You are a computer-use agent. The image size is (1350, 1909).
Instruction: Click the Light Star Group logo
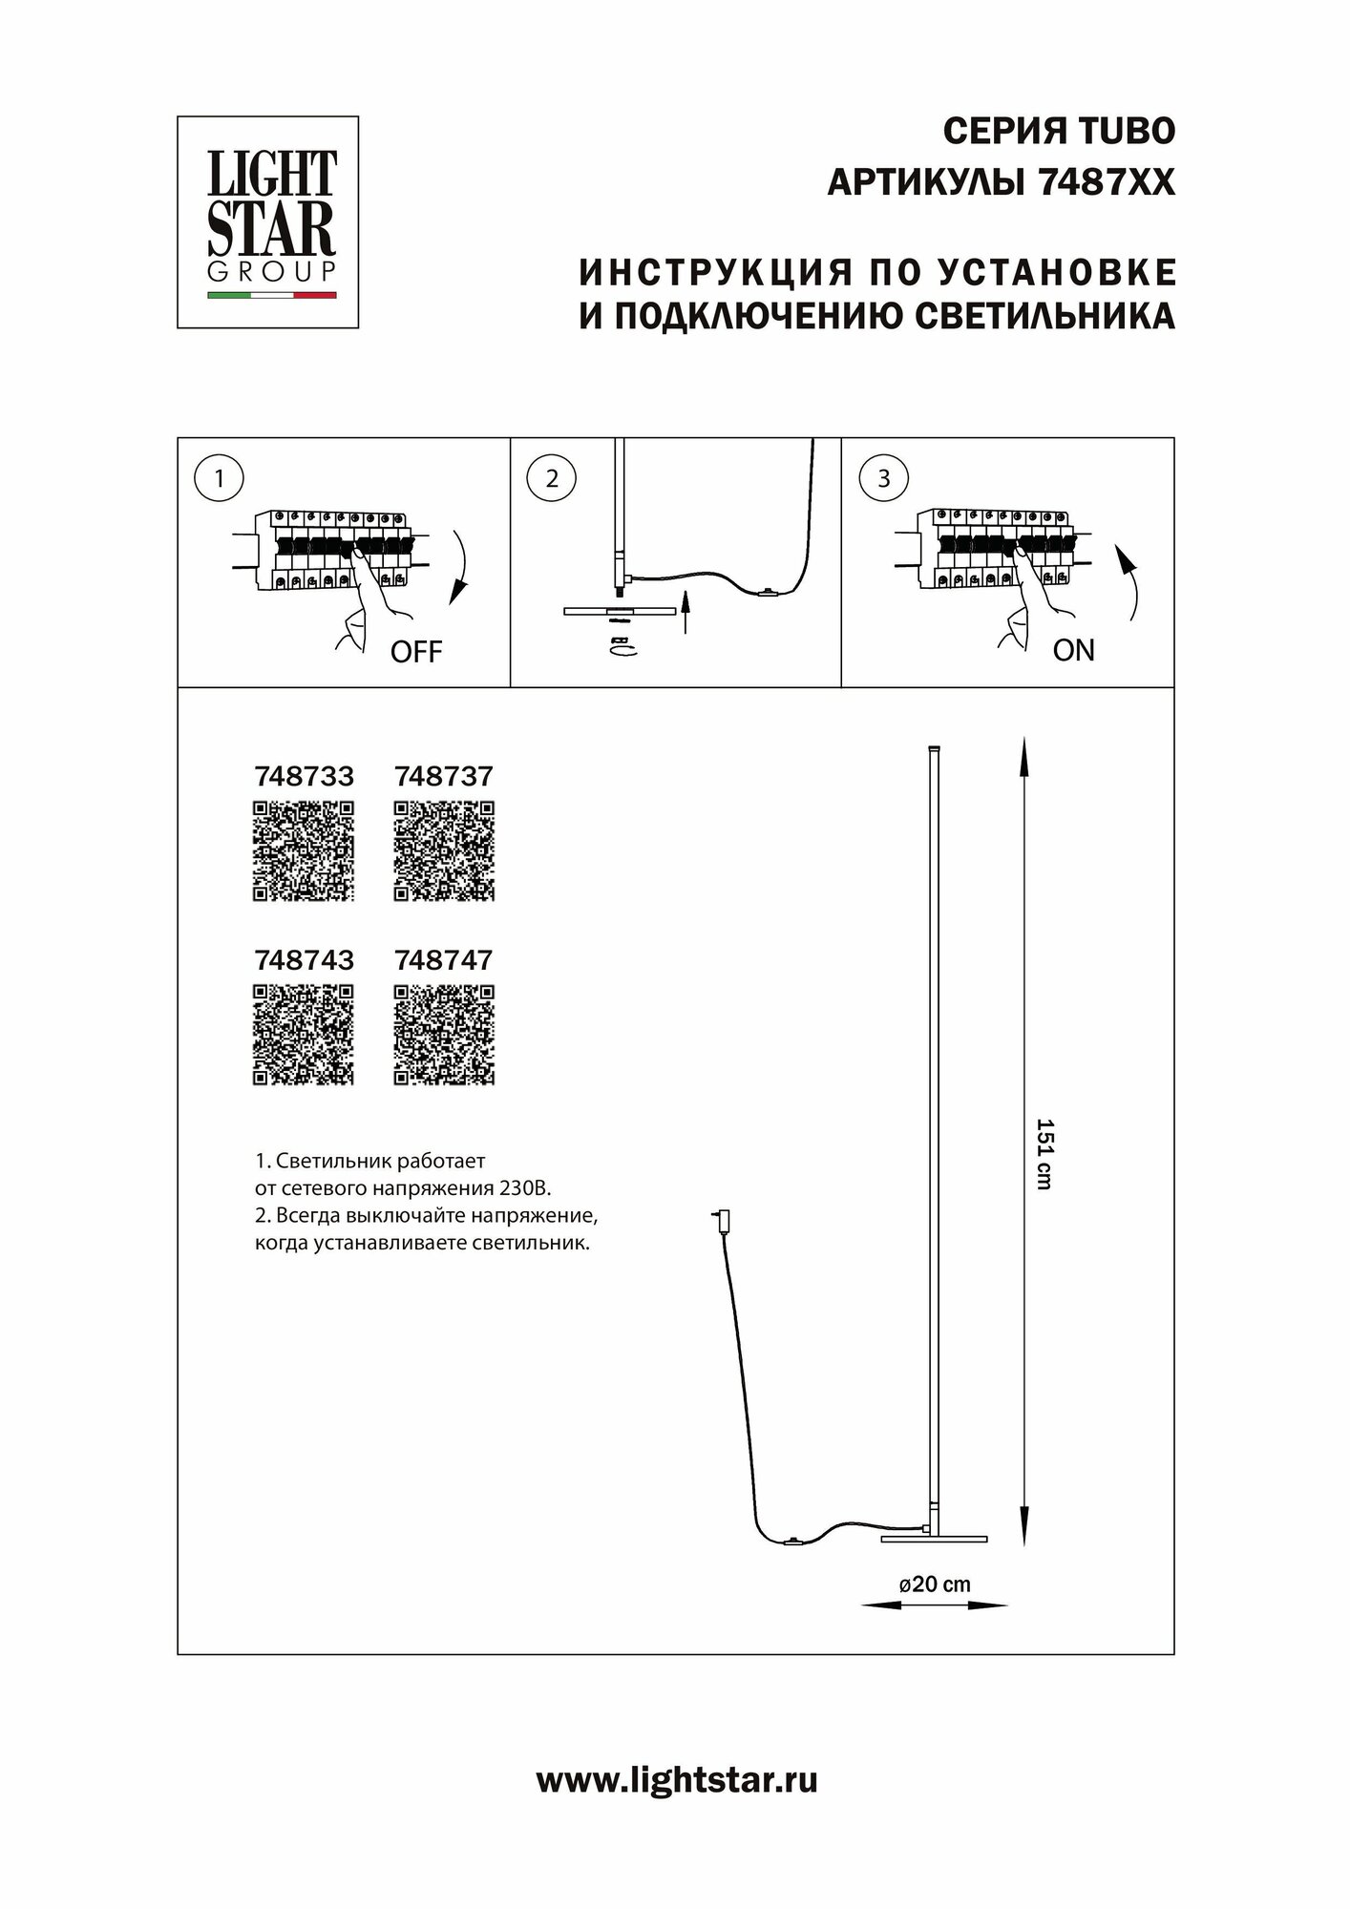(x=268, y=222)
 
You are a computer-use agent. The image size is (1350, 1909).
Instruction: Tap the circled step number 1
(x=220, y=478)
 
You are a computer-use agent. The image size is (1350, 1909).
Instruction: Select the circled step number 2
(x=552, y=478)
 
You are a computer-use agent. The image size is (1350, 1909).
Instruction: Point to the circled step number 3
(x=883, y=478)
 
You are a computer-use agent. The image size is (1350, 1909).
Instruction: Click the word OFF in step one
(x=416, y=653)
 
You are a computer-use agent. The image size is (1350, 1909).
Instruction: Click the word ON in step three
(x=1073, y=651)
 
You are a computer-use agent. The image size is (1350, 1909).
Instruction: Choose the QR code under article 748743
(x=304, y=1036)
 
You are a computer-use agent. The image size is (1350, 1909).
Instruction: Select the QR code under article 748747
(x=444, y=1036)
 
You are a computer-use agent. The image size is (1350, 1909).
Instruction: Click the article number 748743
(x=304, y=960)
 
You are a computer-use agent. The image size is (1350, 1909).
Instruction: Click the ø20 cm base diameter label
(x=935, y=1584)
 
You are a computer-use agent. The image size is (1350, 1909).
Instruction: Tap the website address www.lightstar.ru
(x=676, y=1781)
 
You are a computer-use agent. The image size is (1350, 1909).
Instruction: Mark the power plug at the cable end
(x=718, y=1219)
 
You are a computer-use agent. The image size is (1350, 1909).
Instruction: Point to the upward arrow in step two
(x=686, y=612)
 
